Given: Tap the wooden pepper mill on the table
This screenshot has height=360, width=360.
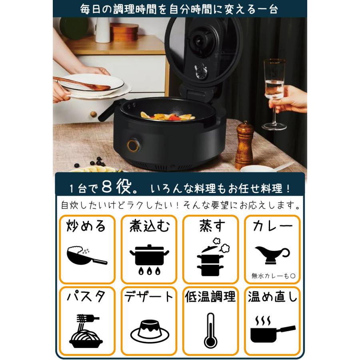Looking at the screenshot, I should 244,146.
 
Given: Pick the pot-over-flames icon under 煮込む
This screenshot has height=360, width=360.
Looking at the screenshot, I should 149,258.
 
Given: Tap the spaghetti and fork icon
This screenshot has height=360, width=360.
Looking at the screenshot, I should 86,331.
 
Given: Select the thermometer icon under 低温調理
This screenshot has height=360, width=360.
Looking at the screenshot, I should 210,330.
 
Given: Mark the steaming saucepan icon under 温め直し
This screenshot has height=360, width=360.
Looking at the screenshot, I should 272,330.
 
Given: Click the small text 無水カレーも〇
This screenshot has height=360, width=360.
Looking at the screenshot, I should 272,276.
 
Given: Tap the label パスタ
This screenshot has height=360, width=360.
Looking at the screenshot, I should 86,298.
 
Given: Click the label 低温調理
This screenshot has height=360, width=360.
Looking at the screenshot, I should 210,297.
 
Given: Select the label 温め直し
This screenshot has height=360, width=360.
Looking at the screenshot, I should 272,297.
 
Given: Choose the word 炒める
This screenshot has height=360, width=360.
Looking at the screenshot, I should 86,226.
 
